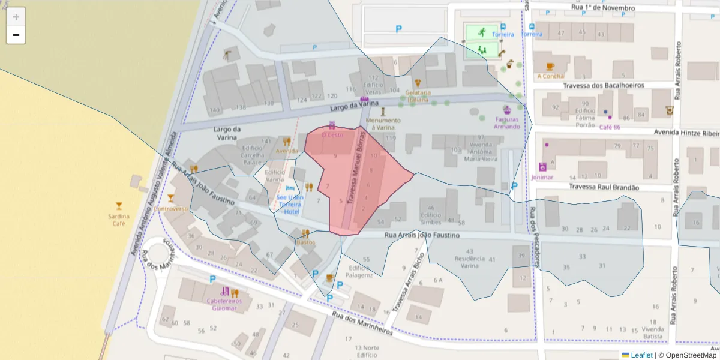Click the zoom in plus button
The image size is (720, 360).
tap(16, 17)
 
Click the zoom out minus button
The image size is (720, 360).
tap(16, 35)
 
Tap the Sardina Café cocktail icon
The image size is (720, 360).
tap(119, 206)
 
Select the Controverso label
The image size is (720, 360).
tap(170, 209)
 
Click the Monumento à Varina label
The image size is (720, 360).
tap(383, 124)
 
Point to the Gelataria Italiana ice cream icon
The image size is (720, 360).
tap(418, 83)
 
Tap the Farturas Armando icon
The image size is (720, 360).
tap(507, 110)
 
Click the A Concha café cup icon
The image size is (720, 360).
tap(550, 67)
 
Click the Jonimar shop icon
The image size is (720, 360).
tap(542, 167)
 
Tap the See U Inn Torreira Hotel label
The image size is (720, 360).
tap(290, 204)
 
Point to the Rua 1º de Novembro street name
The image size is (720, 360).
tap(603, 8)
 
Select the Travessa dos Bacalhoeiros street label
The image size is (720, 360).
tap(603, 85)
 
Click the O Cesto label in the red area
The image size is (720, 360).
tap(332, 135)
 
